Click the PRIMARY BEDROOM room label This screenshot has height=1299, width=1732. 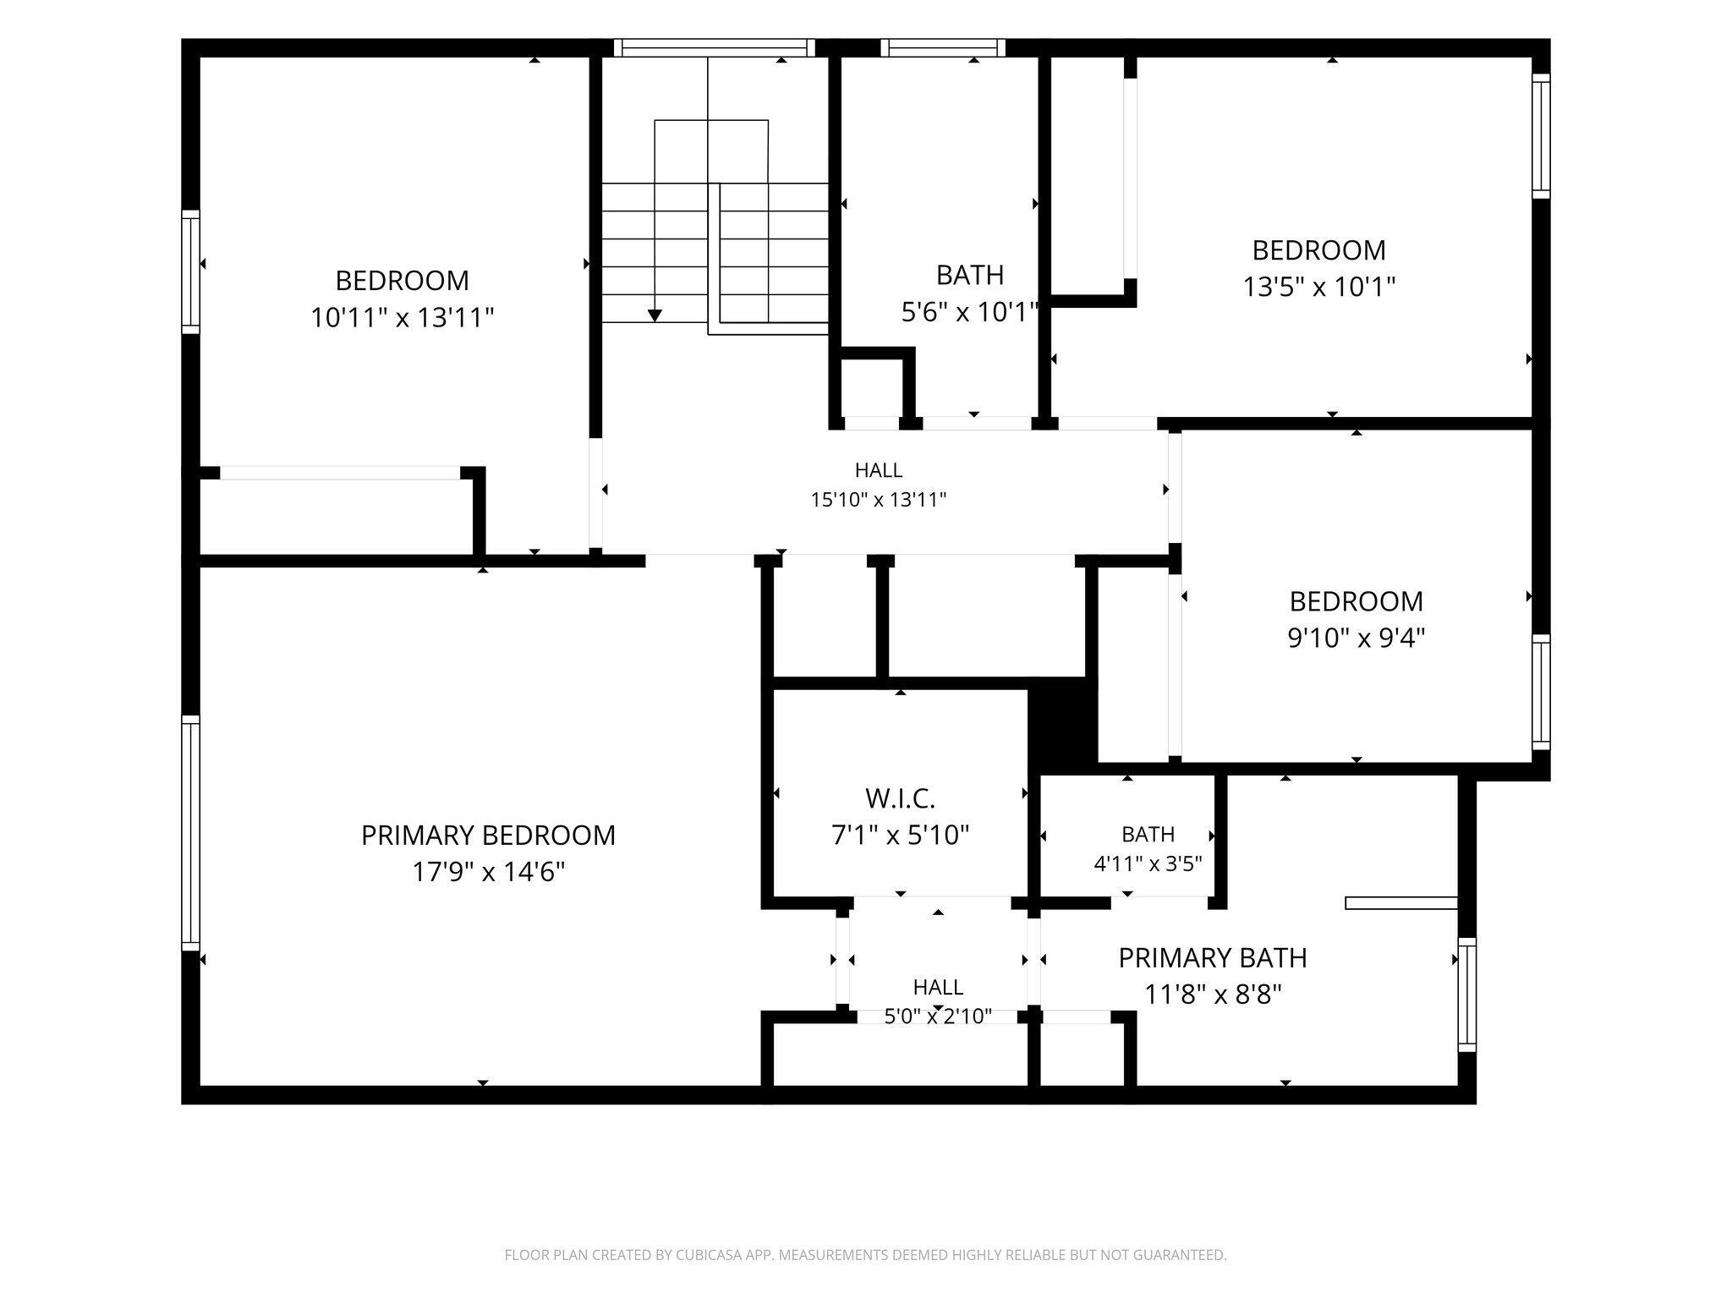point(488,836)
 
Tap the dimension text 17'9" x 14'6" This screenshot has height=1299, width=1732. point(488,872)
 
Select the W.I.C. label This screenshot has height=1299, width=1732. point(900,798)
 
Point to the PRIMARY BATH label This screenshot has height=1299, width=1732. point(1213,958)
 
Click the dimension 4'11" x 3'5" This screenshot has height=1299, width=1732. point(1148,864)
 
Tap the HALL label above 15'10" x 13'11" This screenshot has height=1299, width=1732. point(879,470)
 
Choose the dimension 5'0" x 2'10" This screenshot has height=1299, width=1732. point(938,1017)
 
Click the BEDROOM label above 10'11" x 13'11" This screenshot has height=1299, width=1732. point(402,281)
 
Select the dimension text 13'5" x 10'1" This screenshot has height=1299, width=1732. point(1318,288)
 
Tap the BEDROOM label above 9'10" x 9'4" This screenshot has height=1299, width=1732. point(1357,601)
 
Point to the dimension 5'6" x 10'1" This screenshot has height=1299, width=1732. point(970,312)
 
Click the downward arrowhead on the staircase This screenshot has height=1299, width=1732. point(655,315)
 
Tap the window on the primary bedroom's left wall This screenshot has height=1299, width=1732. point(191,833)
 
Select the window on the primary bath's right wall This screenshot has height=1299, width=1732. point(1467,995)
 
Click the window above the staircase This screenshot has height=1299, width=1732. point(715,48)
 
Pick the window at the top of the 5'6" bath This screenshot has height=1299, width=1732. point(943,48)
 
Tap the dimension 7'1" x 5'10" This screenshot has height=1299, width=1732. point(900,836)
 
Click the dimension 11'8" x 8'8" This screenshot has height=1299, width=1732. point(1213,995)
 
